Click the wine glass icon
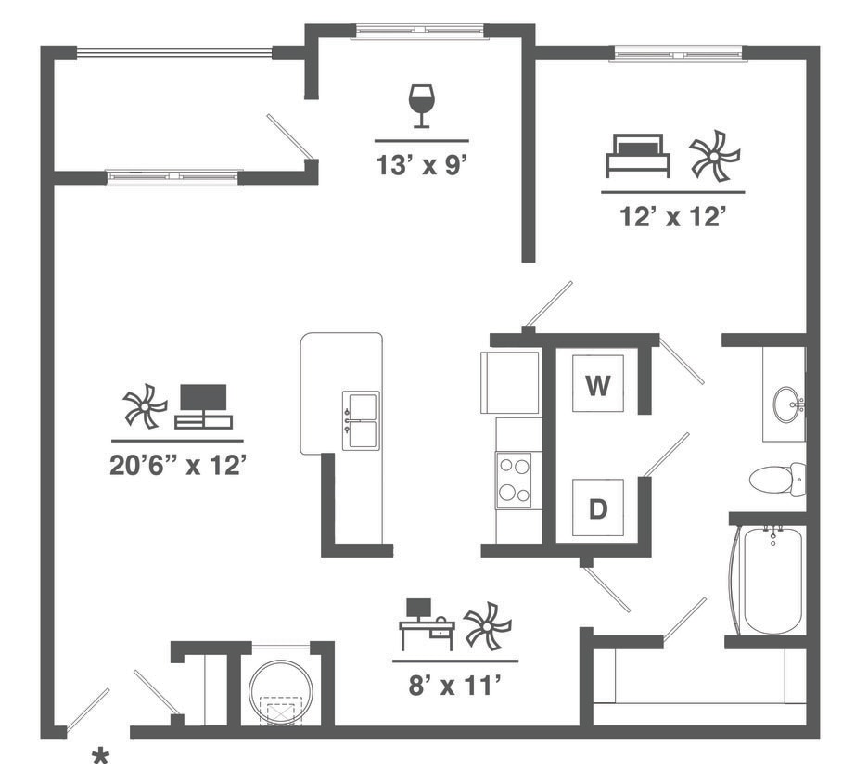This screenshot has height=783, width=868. click(x=421, y=105)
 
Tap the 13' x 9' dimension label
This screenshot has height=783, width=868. click(x=421, y=165)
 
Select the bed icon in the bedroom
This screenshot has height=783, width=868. click(x=637, y=155)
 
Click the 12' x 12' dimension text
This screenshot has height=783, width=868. click(x=671, y=217)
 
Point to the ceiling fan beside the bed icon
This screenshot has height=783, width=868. click(x=715, y=155)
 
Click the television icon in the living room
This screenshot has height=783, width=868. click(x=203, y=405)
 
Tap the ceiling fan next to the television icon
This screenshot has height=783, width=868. click(x=145, y=406)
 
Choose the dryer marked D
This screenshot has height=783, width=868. click(x=599, y=508)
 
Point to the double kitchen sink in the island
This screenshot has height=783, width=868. click(x=361, y=420)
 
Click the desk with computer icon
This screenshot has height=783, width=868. click(x=427, y=623)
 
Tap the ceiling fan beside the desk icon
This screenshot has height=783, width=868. click(x=487, y=624)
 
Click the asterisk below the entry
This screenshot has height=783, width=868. click(x=100, y=757)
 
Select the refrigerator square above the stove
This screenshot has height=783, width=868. click(x=510, y=382)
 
